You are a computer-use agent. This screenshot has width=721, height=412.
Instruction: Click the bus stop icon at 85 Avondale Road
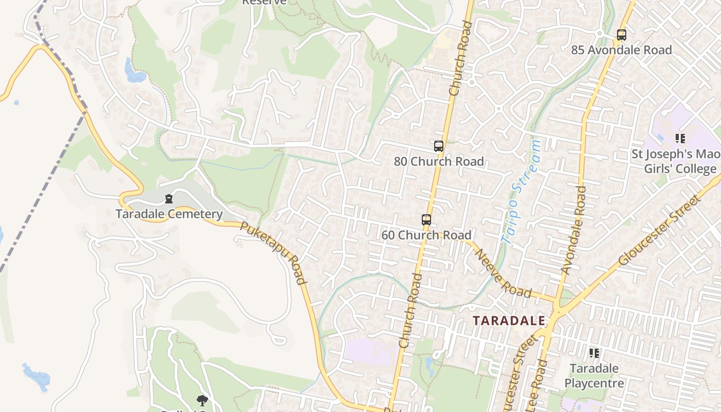(621, 35)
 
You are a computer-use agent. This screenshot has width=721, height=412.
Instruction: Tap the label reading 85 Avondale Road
(621, 50)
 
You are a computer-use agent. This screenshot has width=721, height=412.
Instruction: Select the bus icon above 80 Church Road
(438, 146)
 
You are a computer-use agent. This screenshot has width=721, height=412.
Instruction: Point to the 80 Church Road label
(438, 161)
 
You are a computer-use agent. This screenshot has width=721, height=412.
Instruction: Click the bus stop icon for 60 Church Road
(426, 220)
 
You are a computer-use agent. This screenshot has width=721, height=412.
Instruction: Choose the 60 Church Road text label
(426, 235)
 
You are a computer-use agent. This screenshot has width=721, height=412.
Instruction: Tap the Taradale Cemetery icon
(168, 199)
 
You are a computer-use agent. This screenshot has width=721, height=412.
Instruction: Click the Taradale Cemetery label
(169, 214)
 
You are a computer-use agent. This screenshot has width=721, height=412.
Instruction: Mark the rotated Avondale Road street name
(574, 230)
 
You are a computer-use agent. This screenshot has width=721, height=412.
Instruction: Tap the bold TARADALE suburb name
(509, 320)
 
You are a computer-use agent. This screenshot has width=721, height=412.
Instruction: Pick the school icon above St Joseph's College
(680, 138)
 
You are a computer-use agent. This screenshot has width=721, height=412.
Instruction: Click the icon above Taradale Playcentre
(594, 353)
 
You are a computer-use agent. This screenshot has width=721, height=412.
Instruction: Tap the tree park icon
(202, 400)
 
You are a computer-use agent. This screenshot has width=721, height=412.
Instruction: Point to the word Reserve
(264, 2)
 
